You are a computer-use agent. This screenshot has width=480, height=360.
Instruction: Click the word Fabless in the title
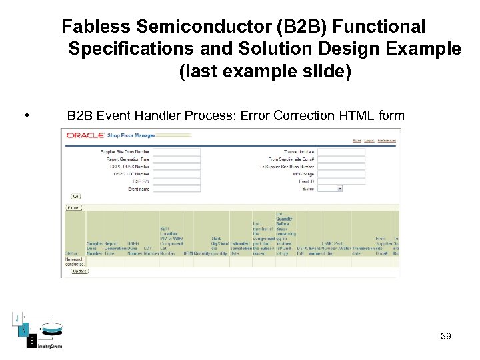(95, 27)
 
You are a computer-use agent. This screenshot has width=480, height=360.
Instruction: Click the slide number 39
(446, 336)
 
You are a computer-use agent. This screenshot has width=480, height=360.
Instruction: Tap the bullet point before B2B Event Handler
(25, 116)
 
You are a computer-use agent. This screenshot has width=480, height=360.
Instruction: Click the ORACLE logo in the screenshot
(85, 135)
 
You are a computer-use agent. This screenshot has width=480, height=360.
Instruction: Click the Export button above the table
(73, 207)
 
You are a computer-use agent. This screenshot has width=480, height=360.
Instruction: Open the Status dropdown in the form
(330, 189)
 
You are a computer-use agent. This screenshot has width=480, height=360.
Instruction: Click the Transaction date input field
(341, 152)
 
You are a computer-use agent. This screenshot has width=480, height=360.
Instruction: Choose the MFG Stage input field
(341, 174)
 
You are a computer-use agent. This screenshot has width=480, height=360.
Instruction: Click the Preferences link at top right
(387, 141)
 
